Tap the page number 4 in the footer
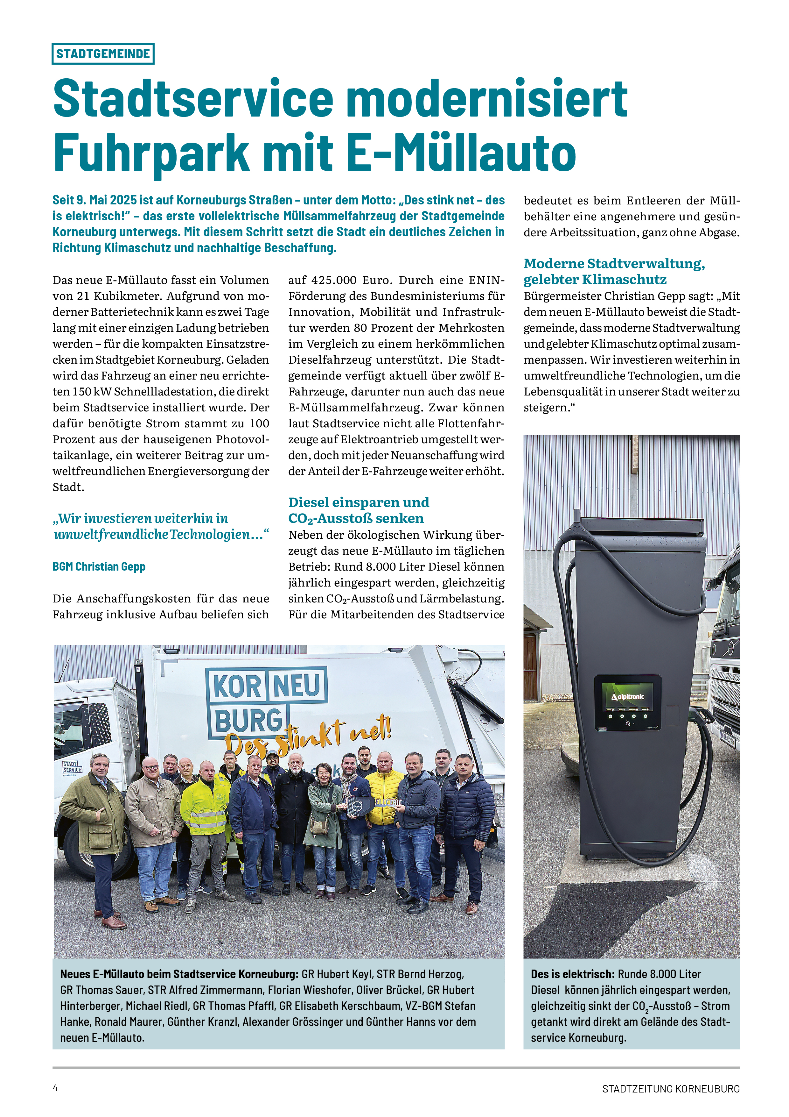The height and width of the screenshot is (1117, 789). coord(55,1088)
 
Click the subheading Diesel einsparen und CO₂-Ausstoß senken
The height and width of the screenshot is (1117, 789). coord(358,510)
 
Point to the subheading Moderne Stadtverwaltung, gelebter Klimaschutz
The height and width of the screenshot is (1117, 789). coord(614,271)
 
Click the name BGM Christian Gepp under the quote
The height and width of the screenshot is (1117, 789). coord(99,566)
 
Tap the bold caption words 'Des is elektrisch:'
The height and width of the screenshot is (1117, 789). coord(573,974)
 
